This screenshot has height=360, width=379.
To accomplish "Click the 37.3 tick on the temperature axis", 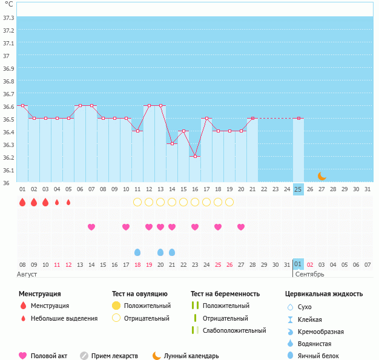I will click(x=8, y=18).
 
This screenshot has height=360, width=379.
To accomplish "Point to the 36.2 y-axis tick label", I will click(x=8, y=157).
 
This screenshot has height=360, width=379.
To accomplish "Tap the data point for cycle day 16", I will click(x=195, y=157).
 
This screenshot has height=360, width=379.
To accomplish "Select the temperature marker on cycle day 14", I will click(x=172, y=144).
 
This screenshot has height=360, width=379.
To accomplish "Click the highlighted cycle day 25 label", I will click(x=298, y=189).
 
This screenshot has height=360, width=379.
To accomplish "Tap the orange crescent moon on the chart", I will click(x=322, y=176).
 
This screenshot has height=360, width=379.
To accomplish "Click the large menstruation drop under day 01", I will click(x=22, y=202).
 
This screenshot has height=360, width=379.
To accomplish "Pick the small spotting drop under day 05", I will click(x=68, y=202).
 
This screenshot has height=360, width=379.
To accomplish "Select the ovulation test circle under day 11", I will click(x=137, y=202).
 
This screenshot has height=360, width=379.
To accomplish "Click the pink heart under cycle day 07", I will click(x=91, y=227).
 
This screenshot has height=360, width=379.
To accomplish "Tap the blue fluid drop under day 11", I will click(x=137, y=252).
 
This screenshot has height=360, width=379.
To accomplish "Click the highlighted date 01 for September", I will click(x=298, y=264).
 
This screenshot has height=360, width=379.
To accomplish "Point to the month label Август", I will click(x=28, y=274).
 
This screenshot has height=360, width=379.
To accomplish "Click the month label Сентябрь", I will click(x=309, y=274).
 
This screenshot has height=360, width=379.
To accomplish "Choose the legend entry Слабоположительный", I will click(x=234, y=330).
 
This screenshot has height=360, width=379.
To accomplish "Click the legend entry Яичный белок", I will click(x=318, y=356).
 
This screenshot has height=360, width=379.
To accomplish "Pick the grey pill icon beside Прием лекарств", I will click(x=84, y=356).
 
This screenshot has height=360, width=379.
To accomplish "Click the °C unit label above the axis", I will click(x=8, y=4).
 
